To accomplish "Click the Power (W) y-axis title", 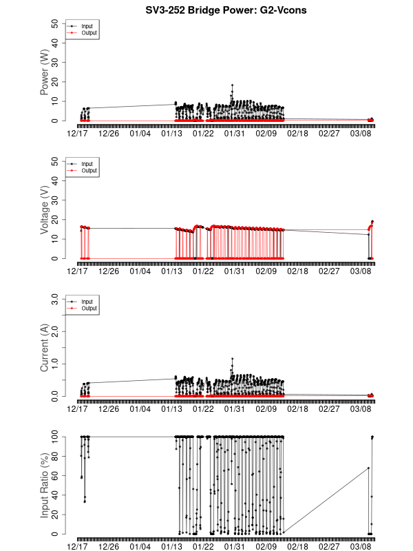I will (x=45, y=72).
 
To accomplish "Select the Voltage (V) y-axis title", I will (x=45, y=209).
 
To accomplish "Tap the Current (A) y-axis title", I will (x=45, y=348).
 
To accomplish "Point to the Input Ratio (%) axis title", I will (x=45, y=486).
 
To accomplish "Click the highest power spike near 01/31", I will (x=233, y=85).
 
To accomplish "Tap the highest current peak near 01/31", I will (x=233, y=359).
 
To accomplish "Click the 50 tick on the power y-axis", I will (x=54, y=23).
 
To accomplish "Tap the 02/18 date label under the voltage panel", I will (x=297, y=271).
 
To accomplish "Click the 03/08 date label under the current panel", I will (x=360, y=408).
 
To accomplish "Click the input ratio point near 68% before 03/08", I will (x=368, y=468).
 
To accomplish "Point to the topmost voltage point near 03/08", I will (x=372, y=222).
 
